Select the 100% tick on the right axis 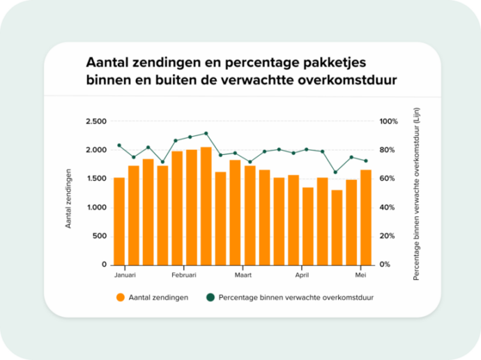pyautogui.click(x=388, y=121)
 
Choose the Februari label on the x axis pyautogui.click(x=183, y=275)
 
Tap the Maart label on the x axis pyautogui.click(x=242, y=275)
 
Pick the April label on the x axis pyautogui.click(x=301, y=275)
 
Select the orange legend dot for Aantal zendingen pyautogui.click(x=121, y=298)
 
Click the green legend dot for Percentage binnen pyautogui.click(x=209, y=298)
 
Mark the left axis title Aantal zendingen pyautogui.click(x=69, y=198)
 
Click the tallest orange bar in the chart pyautogui.click(x=206, y=206)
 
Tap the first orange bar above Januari pyautogui.click(x=119, y=220)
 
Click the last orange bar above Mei pyautogui.click(x=366, y=217)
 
